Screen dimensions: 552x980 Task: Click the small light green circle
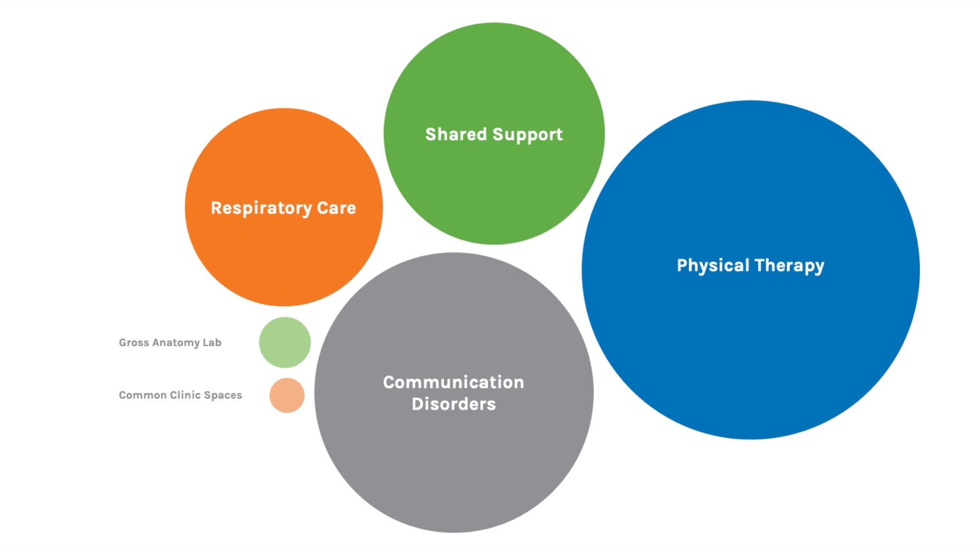pos(285,342)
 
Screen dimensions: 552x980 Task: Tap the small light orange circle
pos(287,395)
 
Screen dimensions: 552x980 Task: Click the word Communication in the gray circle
pos(453,382)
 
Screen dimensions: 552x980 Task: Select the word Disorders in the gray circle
pos(453,404)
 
